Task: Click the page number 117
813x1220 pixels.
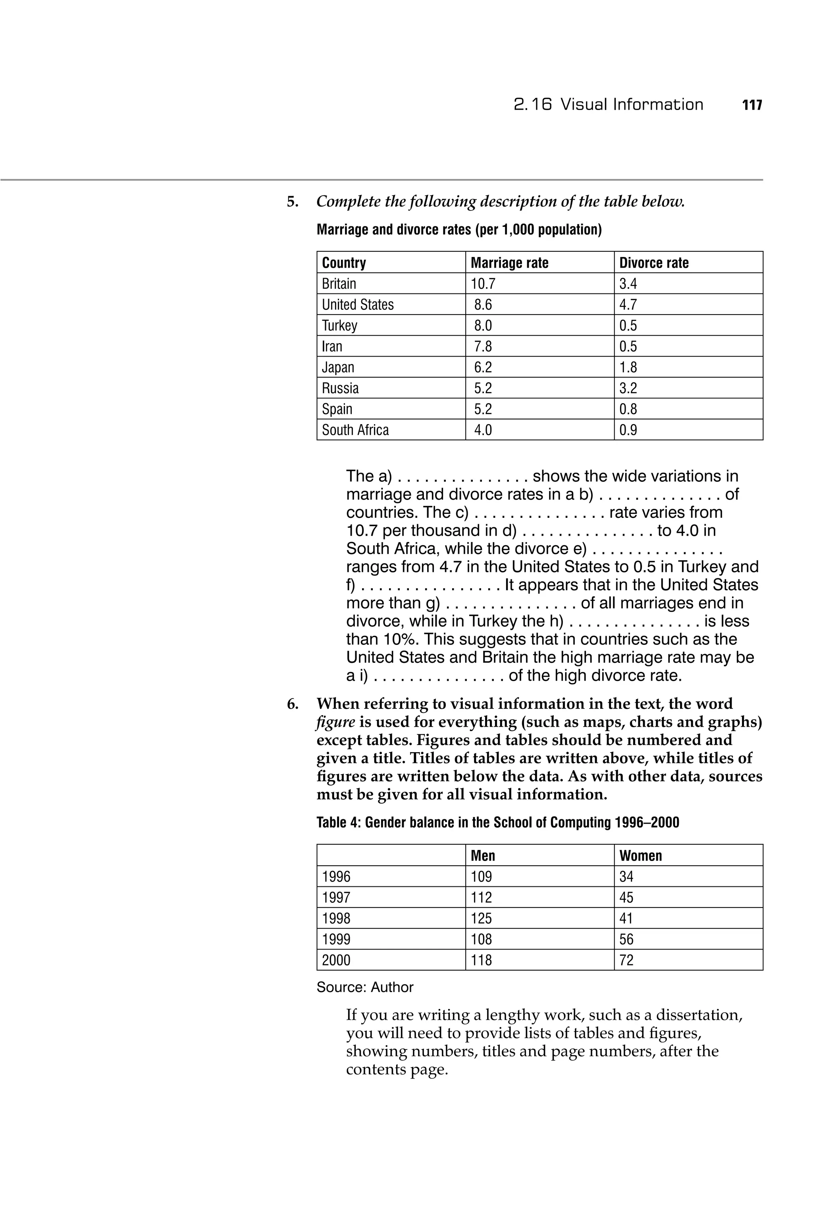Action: click(x=752, y=105)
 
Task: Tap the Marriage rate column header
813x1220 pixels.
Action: click(x=509, y=263)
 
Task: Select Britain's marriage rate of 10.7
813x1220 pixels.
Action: click(x=483, y=284)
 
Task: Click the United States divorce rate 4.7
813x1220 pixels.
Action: click(x=628, y=305)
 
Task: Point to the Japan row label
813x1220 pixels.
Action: click(x=338, y=367)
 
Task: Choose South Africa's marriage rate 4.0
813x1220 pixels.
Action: click(x=483, y=430)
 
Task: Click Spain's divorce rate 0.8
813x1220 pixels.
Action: click(x=628, y=409)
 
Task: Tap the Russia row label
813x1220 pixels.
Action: click(x=340, y=388)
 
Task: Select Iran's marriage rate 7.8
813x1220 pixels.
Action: click(x=483, y=346)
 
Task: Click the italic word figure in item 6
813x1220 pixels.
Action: click(x=335, y=722)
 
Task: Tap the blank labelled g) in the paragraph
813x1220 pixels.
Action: click(x=511, y=603)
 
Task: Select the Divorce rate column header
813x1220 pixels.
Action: click(x=654, y=263)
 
